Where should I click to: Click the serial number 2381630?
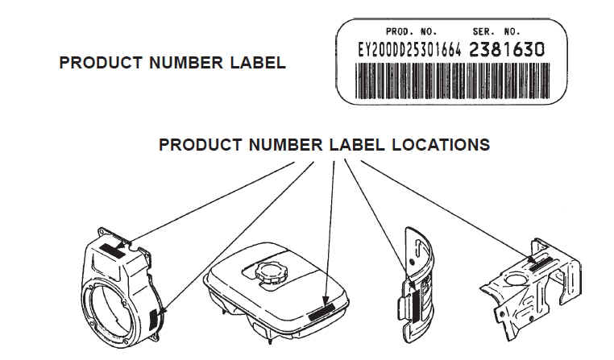point(507,50)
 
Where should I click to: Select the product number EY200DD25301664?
point(409,50)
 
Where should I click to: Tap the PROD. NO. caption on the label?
point(411,31)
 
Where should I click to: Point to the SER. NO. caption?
point(496,31)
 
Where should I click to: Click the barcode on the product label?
point(452,81)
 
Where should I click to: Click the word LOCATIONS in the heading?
point(441,145)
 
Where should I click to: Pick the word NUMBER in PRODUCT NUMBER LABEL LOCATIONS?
point(285,145)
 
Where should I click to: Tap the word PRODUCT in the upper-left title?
point(101,63)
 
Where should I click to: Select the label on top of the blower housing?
point(112,250)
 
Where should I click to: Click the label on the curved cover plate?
point(415,306)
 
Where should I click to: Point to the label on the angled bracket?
point(538,265)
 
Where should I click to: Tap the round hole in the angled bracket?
point(517,279)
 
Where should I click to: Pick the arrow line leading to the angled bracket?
point(447,212)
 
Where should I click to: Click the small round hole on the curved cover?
point(412,262)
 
